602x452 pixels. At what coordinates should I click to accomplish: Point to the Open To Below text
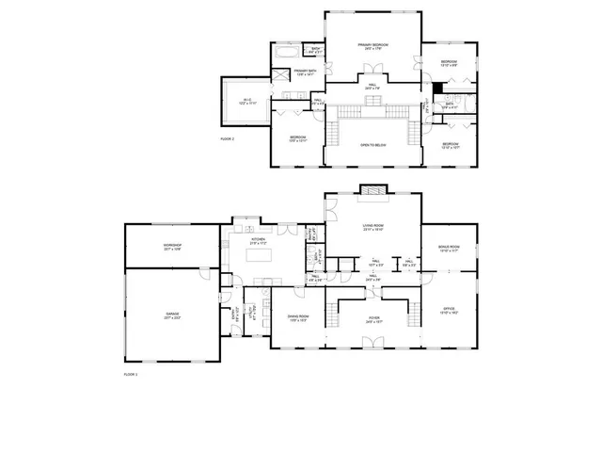coord(373,145)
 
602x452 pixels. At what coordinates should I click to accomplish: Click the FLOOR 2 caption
coord(227,138)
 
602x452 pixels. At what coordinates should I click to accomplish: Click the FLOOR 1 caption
coord(131,375)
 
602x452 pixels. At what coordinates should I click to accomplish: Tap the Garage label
coord(172,315)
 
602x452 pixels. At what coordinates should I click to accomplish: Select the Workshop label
coord(172,247)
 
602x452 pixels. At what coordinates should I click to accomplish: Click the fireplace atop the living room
coord(373,189)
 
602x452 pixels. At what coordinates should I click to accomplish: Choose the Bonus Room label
coord(448,250)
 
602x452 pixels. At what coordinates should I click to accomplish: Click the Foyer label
coord(373,320)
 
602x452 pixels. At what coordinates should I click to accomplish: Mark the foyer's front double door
coord(373,348)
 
